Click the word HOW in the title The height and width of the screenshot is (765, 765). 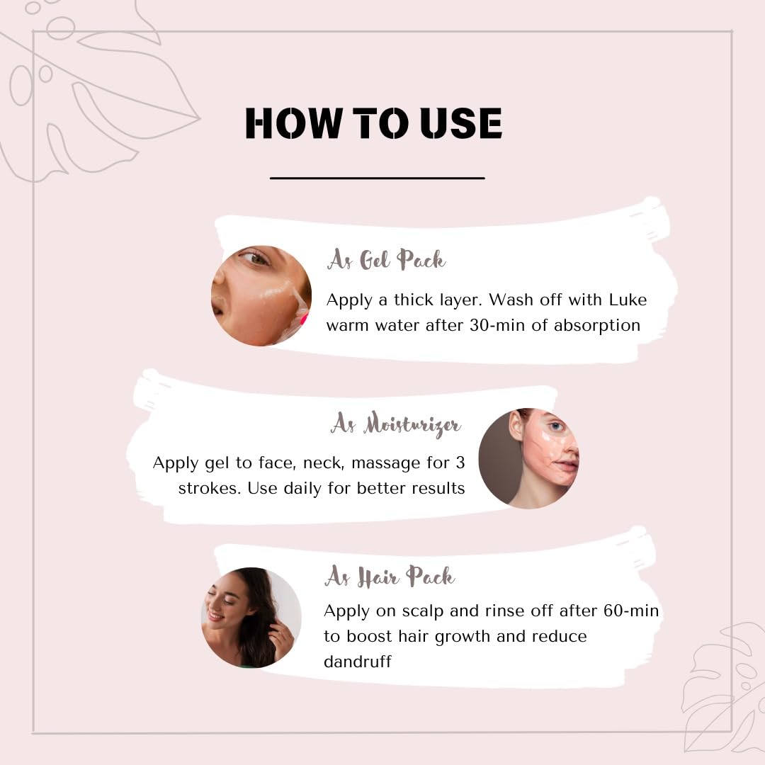(294, 123)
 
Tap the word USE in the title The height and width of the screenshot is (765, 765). (460, 123)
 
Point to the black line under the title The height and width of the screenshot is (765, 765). (377, 178)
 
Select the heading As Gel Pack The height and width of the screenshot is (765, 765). (386, 259)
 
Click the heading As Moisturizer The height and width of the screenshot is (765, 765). (396, 424)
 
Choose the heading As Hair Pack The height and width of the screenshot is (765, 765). (390, 576)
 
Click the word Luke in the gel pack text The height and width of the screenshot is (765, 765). (628, 300)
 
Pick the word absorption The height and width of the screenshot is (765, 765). (596, 325)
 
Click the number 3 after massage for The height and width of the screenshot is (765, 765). (460, 462)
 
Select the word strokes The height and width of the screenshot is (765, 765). (210, 488)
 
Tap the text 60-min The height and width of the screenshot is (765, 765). (631, 611)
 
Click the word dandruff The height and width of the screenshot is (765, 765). (358, 661)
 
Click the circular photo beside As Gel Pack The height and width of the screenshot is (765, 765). (261, 295)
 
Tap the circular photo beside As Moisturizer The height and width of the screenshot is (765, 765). (529, 458)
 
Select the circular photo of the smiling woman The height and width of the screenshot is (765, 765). (251, 618)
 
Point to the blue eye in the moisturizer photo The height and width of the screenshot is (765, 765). (556, 427)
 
